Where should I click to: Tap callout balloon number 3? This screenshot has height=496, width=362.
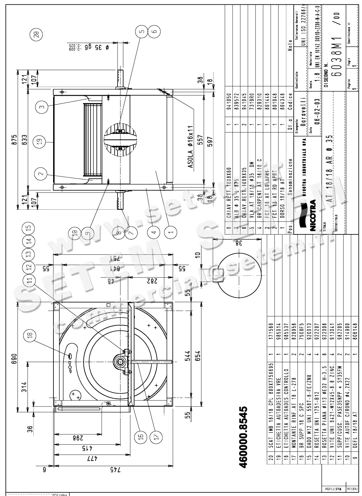point(42,106)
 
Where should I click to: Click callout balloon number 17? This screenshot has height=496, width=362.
point(156,436)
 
